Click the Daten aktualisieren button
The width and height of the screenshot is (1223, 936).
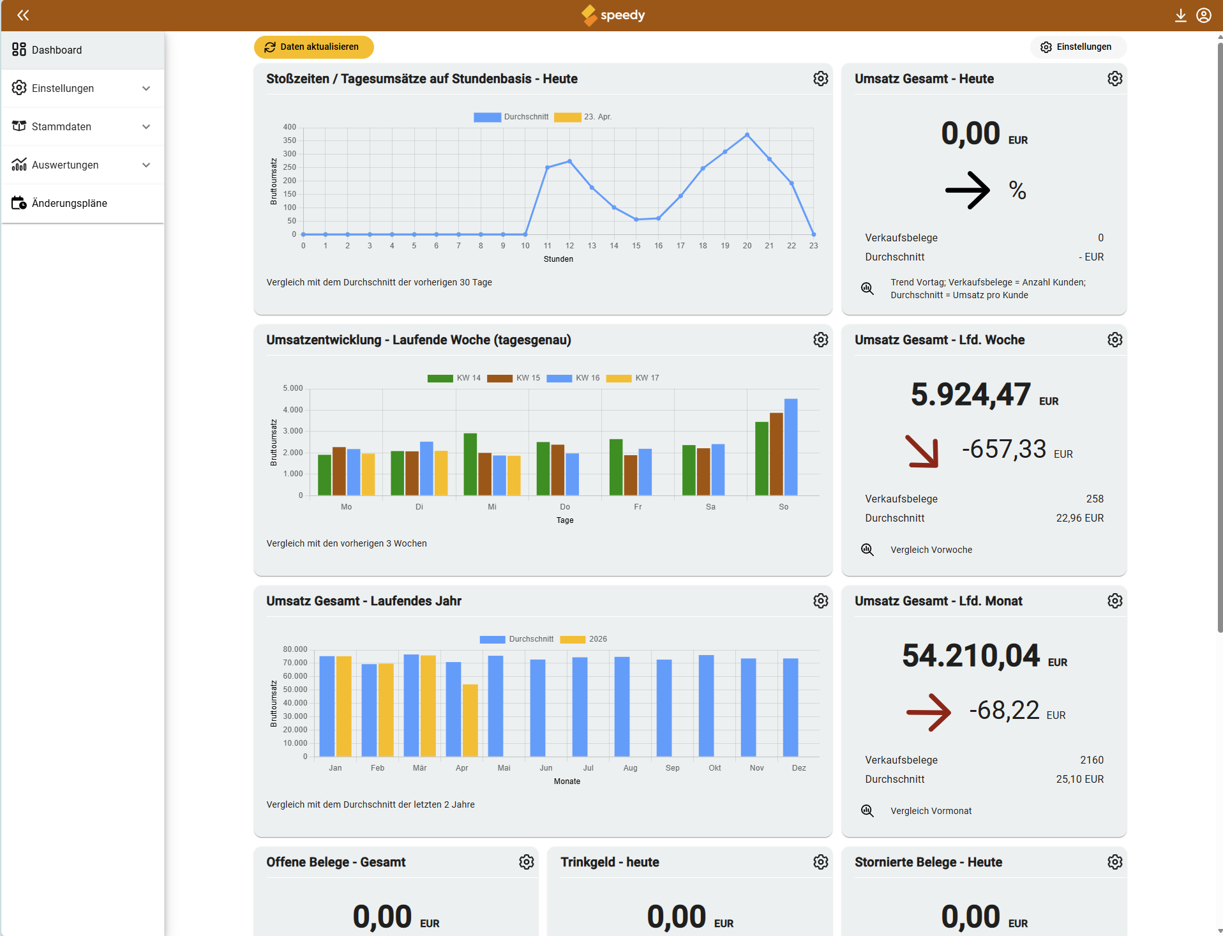pyautogui.click(x=313, y=47)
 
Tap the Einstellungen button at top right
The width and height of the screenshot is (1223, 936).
pyautogui.click(x=1077, y=47)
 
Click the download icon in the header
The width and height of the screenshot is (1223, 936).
pyautogui.click(x=1180, y=15)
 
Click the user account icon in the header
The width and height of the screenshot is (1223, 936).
pyautogui.click(x=1203, y=15)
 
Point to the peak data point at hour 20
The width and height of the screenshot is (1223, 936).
pyautogui.click(x=747, y=135)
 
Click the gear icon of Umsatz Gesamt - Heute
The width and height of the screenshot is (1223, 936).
pyautogui.click(x=1114, y=79)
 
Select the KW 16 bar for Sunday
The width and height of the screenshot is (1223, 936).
pyautogui.click(x=790, y=446)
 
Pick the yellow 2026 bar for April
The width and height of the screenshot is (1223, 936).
pyautogui.click(x=470, y=720)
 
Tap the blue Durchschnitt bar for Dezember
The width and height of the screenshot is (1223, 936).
pyautogui.click(x=790, y=707)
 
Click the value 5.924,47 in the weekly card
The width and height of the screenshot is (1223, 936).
pyautogui.click(x=970, y=394)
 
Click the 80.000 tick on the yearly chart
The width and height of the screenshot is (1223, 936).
pyautogui.click(x=295, y=649)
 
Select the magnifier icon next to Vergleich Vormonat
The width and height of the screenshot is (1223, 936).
pyautogui.click(x=867, y=811)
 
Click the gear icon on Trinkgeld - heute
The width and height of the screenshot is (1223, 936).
pyautogui.click(x=820, y=862)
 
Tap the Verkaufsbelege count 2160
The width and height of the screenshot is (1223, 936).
pyautogui.click(x=1092, y=760)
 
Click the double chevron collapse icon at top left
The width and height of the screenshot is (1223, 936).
pyautogui.click(x=23, y=15)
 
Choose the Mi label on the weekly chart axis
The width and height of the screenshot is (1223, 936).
pyautogui.click(x=492, y=507)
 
